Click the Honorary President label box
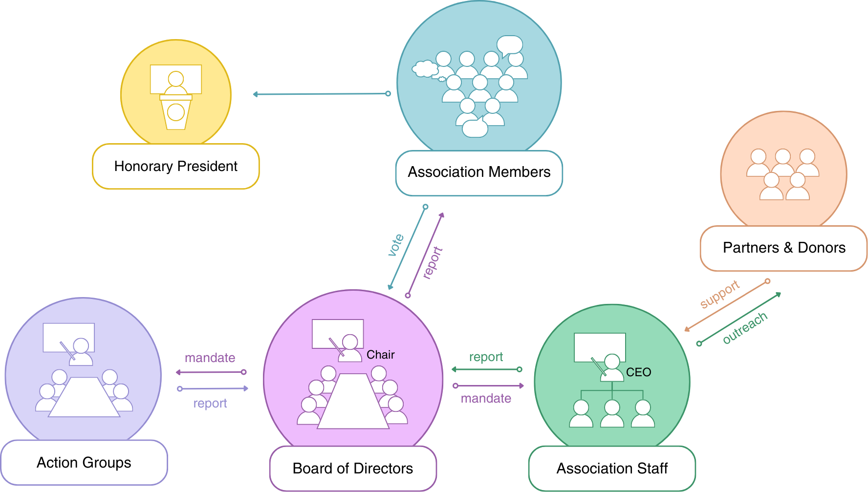pyautogui.click(x=175, y=167)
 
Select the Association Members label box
pyautogui.click(x=479, y=172)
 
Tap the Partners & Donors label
pyautogui.click(x=783, y=248)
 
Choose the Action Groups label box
pyautogui.click(x=84, y=463)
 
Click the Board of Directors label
pyautogui.click(x=352, y=469)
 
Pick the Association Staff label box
pyautogui.click(x=612, y=469)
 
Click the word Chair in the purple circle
pyautogui.click(x=380, y=355)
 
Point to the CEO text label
pyautogui.click(x=638, y=372)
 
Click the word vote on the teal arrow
pyautogui.click(x=396, y=245)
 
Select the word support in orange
pyautogui.click(x=719, y=294)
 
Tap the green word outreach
pyautogui.click(x=745, y=327)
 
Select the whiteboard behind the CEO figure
pyautogui.click(x=600, y=346)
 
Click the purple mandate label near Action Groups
pyautogui.click(x=210, y=358)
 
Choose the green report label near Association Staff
pyautogui.click(x=486, y=357)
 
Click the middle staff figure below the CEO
pyautogui.click(x=612, y=414)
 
